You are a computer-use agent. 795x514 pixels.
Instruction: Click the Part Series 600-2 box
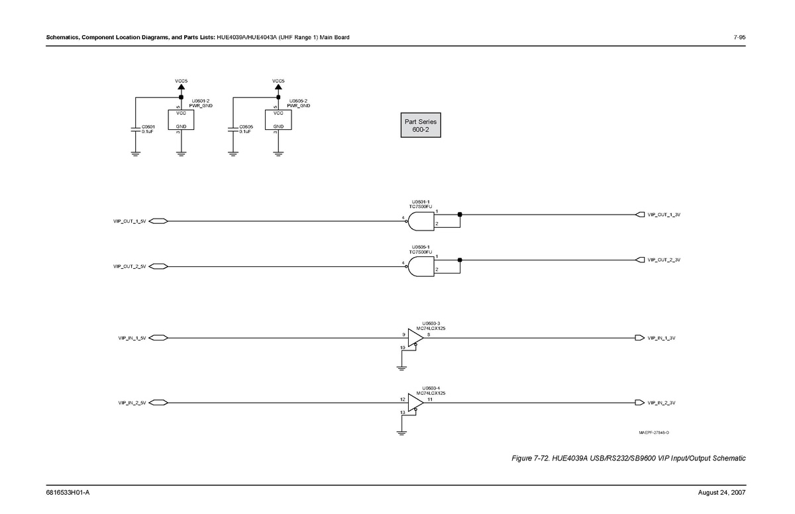(x=420, y=125)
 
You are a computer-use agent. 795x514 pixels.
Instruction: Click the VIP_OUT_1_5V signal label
(x=129, y=221)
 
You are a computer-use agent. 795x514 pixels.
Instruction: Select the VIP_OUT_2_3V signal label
(x=664, y=260)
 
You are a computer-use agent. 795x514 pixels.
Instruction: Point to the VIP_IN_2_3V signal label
(x=661, y=403)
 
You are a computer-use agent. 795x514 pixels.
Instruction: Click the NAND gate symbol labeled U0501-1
(x=421, y=221)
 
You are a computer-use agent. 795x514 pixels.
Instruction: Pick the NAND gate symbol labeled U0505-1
(x=421, y=266)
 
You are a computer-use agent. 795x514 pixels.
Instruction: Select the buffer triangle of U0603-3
(x=415, y=338)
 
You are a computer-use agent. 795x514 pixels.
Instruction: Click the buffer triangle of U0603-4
(x=415, y=403)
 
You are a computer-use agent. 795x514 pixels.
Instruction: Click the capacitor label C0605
(x=246, y=126)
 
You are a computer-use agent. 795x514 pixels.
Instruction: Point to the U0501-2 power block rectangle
(x=181, y=120)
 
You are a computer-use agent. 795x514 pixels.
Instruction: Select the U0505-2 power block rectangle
(x=278, y=120)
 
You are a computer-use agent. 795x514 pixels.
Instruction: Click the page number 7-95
(x=739, y=37)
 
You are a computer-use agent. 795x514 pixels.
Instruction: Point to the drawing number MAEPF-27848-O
(x=653, y=433)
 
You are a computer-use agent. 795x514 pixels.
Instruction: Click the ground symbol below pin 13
(x=401, y=433)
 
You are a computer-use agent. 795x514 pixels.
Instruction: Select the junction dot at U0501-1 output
(x=460, y=215)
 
